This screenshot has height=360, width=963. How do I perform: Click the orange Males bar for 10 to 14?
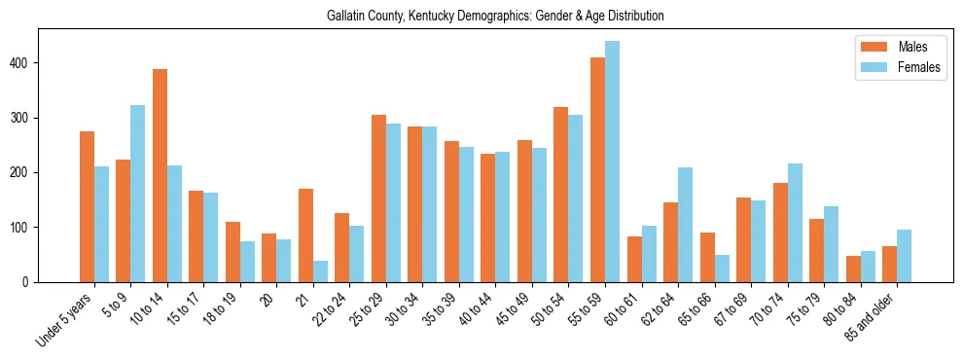point(160,175)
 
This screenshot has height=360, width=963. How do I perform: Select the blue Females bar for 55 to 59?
point(612,162)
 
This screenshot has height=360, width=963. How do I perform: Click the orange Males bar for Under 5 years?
point(87,206)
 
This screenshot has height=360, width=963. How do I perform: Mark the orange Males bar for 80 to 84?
point(853,269)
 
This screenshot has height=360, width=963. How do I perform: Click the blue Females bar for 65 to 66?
point(722,269)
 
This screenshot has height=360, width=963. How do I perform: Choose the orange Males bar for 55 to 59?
point(597,169)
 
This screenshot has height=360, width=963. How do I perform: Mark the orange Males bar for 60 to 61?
point(634,259)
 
